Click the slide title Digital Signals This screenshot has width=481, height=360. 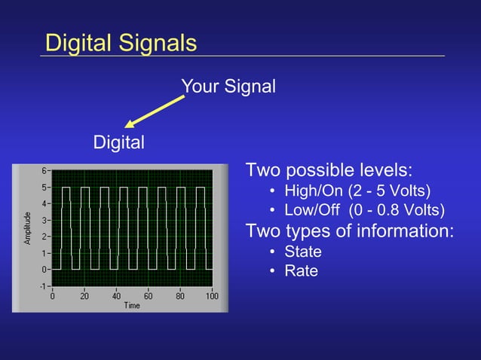121,42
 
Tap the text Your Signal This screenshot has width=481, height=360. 228,87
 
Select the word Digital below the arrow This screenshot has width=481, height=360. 118,142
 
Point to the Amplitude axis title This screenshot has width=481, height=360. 27,228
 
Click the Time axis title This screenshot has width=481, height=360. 132,305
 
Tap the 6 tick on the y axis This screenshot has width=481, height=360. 44,170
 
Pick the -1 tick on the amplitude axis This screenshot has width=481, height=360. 43,286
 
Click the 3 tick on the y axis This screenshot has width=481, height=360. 44,220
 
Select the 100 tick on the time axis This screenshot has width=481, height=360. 212,296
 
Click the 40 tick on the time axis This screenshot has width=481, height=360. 116,296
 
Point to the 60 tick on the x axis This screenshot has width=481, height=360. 149,296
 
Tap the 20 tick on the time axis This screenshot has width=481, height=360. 84,296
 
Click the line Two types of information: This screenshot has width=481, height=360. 350,230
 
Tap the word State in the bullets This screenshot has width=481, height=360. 302,252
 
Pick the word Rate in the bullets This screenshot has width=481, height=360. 301,270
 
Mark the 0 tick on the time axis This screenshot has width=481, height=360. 52,296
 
